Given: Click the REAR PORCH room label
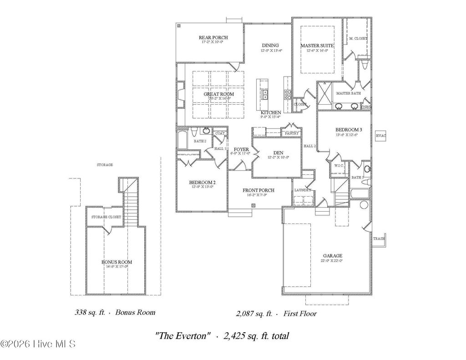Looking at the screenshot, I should click(213, 37).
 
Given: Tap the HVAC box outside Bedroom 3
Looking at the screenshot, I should click(380, 136).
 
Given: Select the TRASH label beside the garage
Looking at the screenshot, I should click(378, 238).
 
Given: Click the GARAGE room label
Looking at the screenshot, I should click(333, 256).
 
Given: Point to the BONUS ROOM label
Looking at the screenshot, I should click(116, 262).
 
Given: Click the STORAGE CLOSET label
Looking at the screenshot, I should click(106, 217).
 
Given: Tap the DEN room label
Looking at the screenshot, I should click(279, 152).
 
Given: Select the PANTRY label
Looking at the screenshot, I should click(291, 133).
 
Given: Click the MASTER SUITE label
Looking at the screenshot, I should click(317, 46).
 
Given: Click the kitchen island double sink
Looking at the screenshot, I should click(264, 94).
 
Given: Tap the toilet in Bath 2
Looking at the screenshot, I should click(194, 132).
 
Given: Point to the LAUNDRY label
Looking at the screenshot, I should click(302, 190).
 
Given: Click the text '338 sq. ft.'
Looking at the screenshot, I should click(90, 313).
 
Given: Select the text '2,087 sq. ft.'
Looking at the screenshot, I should click(254, 314).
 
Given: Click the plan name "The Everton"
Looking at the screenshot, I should click(183, 336).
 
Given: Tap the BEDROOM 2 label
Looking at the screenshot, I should click(202, 183).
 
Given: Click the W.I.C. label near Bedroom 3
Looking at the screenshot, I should click(339, 166).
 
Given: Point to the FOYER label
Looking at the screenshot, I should click(241, 149).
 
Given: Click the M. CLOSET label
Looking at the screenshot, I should click(358, 39).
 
